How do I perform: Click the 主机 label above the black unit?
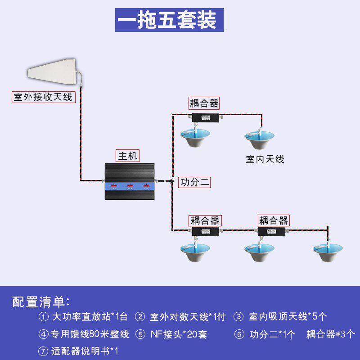click(127, 156)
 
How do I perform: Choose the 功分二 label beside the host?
click(195, 182)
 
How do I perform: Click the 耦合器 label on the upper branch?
click(204, 103)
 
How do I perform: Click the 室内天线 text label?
click(265, 159)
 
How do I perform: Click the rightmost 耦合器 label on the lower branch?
click(273, 220)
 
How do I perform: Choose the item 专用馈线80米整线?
click(90, 334)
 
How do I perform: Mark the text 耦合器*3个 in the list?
click(331, 334)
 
